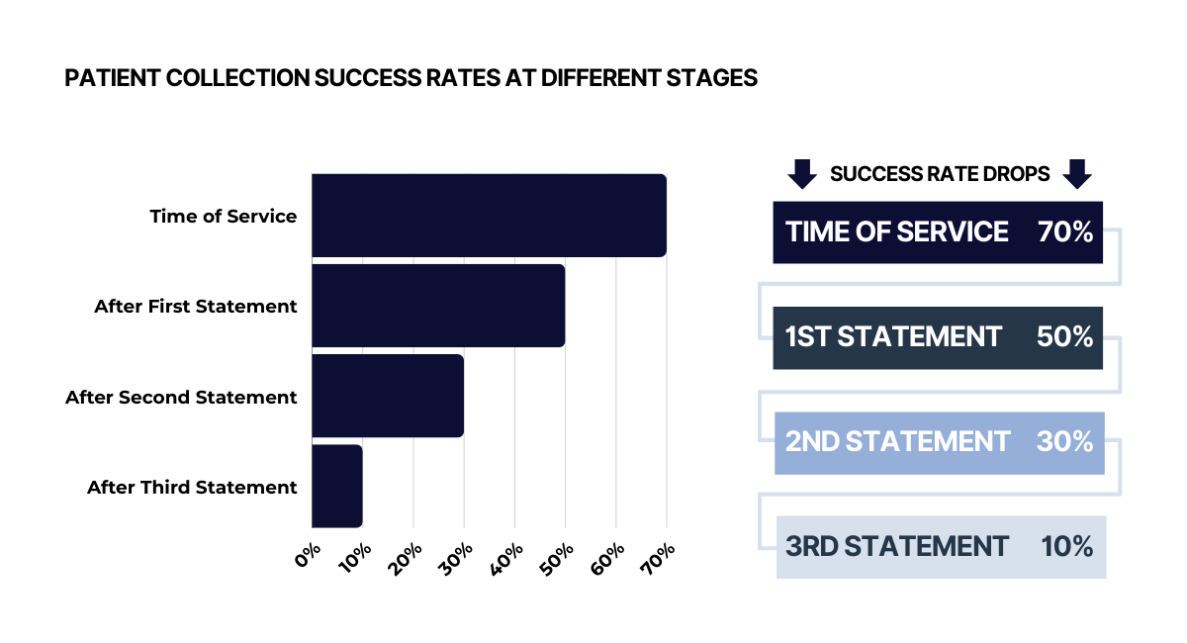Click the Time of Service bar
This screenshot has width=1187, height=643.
(489, 216)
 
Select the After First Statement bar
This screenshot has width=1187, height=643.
(438, 306)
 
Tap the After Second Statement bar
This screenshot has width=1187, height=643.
(388, 396)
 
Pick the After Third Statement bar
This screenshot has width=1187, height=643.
(337, 486)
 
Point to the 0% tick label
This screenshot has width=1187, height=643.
(308, 555)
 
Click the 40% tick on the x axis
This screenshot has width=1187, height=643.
(506, 559)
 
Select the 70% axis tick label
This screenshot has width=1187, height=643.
(658, 559)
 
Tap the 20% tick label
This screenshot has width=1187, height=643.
(405, 559)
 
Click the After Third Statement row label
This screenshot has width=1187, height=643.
(192, 487)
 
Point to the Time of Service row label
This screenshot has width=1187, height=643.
(224, 217)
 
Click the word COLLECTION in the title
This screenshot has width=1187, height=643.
(237, 78)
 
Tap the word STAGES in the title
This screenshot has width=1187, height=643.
(711, 78)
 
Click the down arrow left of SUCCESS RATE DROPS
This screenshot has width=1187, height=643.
(802, 174)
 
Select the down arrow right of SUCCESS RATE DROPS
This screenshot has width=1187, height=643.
(1077, 174)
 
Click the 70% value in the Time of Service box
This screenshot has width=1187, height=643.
(1065, 231)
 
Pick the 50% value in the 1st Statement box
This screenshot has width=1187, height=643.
(1064, 336)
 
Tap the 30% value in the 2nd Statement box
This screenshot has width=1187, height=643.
(1064, 441)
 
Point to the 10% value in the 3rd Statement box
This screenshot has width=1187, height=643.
(1066, 546)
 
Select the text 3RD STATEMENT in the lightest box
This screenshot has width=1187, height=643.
(896, 546)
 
